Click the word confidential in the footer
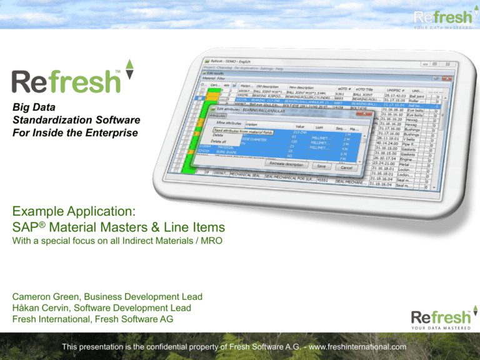click(x=177, y=347)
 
